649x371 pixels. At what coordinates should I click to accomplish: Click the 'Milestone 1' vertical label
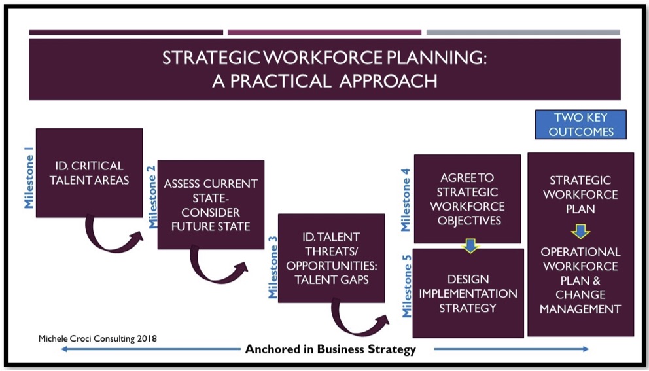tap(29, 181)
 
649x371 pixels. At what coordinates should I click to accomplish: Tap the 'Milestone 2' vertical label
tap(152, 197)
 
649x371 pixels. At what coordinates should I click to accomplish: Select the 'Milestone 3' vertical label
tap(273, 267)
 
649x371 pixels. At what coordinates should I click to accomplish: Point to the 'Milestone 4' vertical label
tap(405, 200)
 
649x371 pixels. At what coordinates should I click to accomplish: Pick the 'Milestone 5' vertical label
tap(407, 286)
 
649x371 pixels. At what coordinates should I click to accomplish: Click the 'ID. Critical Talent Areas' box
tap(90, 173)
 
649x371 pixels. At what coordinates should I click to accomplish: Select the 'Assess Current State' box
tap(211, 205)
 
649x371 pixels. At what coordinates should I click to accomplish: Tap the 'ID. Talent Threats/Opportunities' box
tap(332, 258)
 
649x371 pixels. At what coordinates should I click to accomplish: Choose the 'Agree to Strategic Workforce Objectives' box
tap(467, 199)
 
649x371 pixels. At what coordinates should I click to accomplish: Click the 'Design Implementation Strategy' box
tap(468, 293)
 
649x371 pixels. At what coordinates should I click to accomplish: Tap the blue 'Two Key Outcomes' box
tap(581, 124)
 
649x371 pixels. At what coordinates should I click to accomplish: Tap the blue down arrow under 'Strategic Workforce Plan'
tap(581, 232)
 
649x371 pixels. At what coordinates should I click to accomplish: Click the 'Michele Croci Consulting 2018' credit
tap(97, 338)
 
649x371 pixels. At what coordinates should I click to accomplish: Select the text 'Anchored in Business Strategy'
tap(330, 349)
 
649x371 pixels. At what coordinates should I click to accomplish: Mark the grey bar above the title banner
tap(523, 32)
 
